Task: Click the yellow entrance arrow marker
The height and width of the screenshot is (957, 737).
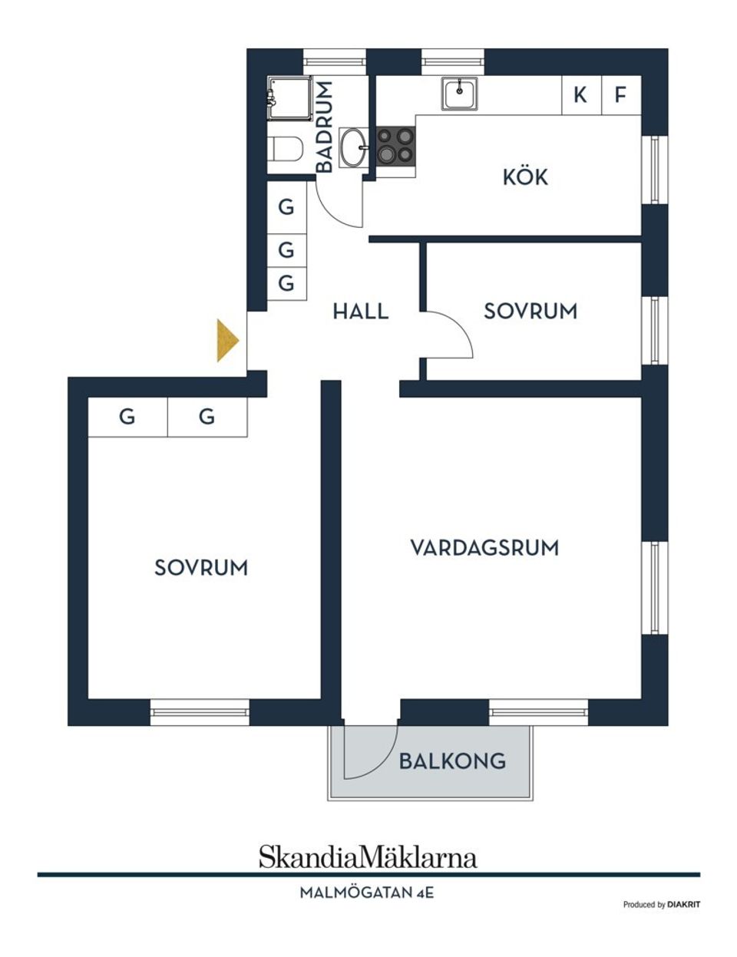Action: point(227,340)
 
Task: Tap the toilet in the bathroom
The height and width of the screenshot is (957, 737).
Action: point(285,148)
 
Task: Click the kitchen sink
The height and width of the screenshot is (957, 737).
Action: point(459,94)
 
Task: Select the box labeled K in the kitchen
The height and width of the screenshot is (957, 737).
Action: point(581,95)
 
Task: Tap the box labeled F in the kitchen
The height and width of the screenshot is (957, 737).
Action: point(621,95)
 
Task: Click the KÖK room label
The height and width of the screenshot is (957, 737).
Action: point(525,177)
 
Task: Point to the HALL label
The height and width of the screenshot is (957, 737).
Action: point(360,312)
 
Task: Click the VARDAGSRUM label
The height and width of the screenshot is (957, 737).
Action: point(484,548)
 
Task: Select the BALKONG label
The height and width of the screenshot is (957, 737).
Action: point(452,761)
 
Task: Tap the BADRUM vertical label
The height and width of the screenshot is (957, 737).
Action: point(325,127)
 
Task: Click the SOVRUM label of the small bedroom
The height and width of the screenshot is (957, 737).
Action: point(530,312)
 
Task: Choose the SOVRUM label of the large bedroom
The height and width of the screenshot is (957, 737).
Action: point(201,568)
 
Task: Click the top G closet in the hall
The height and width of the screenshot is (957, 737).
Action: point(286,207)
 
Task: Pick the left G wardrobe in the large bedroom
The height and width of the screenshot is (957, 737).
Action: point(127,417)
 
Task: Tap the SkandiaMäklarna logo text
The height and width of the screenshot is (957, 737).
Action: point(368,856)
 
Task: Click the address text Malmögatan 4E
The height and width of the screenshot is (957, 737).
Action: point(367,893)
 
